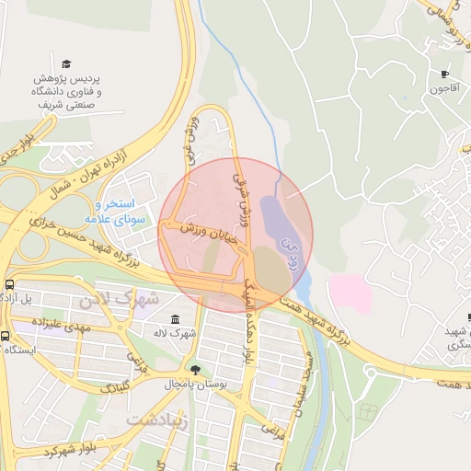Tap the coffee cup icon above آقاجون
point(445,75)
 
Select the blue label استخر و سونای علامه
point(116,212)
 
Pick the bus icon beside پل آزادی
point(9,284)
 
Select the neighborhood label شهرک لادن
point(120,299)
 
